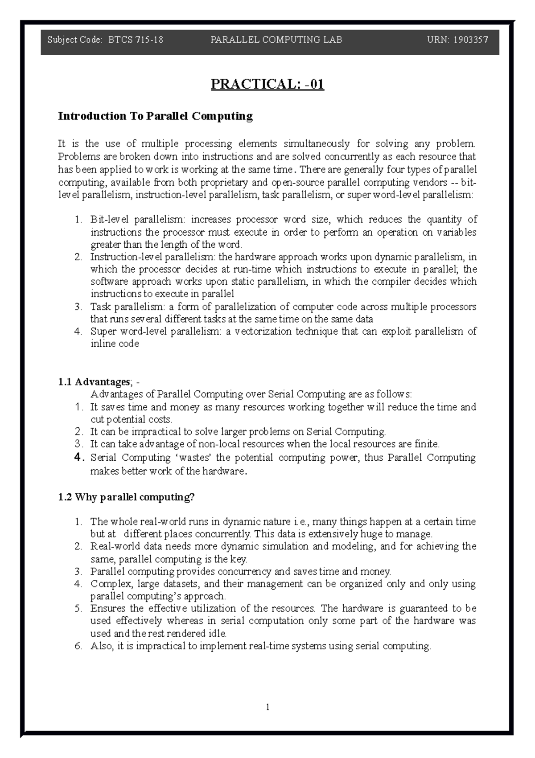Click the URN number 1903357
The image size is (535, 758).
pos(471,40)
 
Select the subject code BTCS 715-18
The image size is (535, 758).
pos(136,40)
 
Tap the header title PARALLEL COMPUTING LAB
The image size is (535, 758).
pos(276,40)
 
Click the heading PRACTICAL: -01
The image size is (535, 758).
pos(267,84)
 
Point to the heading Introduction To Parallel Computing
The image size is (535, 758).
pos(155,116)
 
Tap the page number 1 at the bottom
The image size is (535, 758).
pos(267,707)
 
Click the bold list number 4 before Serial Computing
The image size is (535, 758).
pos(78,458)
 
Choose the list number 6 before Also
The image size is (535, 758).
pos(78,646)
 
